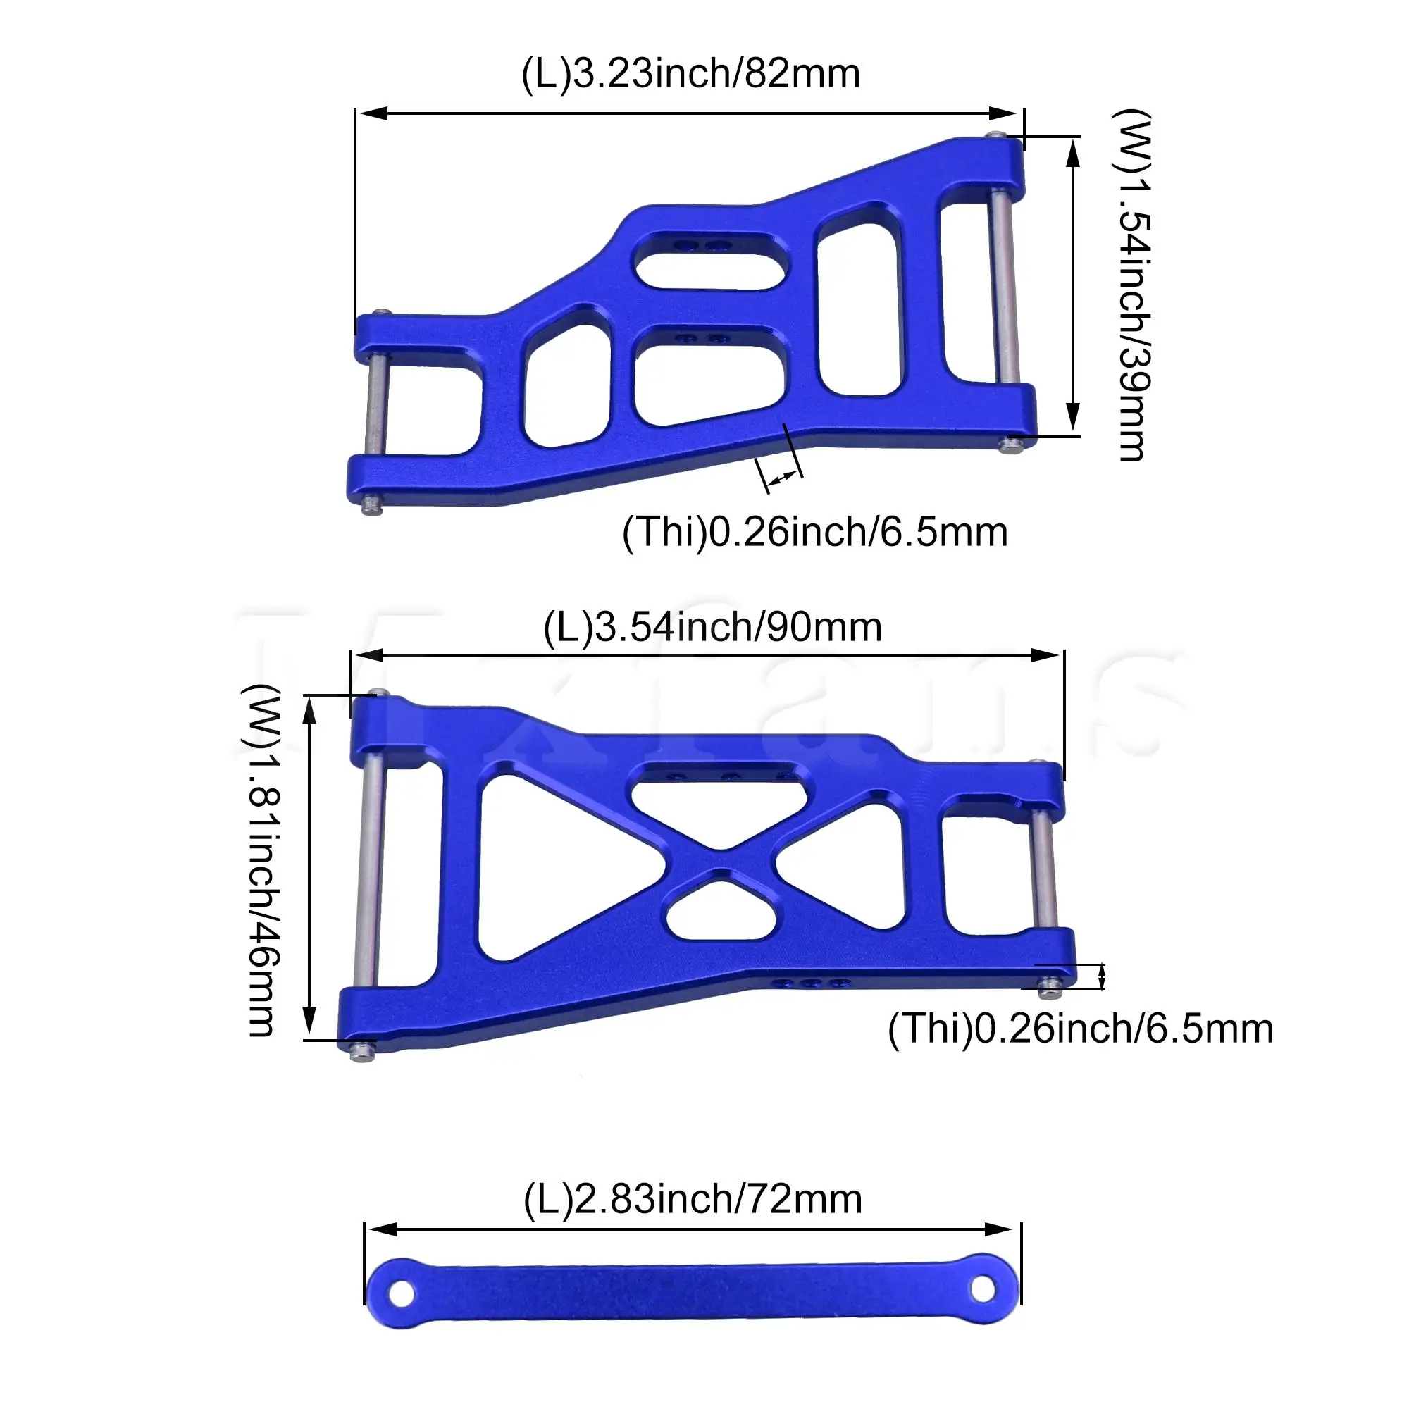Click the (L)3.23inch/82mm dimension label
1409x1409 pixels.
coord(690,75)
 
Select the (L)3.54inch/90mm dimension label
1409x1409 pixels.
coord(712,628)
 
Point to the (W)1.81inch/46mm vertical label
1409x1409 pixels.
coord(261,861)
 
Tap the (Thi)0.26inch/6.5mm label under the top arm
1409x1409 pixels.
coord(814,533)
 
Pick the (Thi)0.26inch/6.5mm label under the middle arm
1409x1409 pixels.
coord(1080,1029)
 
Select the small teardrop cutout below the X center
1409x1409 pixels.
coord(720,912)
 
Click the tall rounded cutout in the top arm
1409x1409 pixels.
coord(858,310)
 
